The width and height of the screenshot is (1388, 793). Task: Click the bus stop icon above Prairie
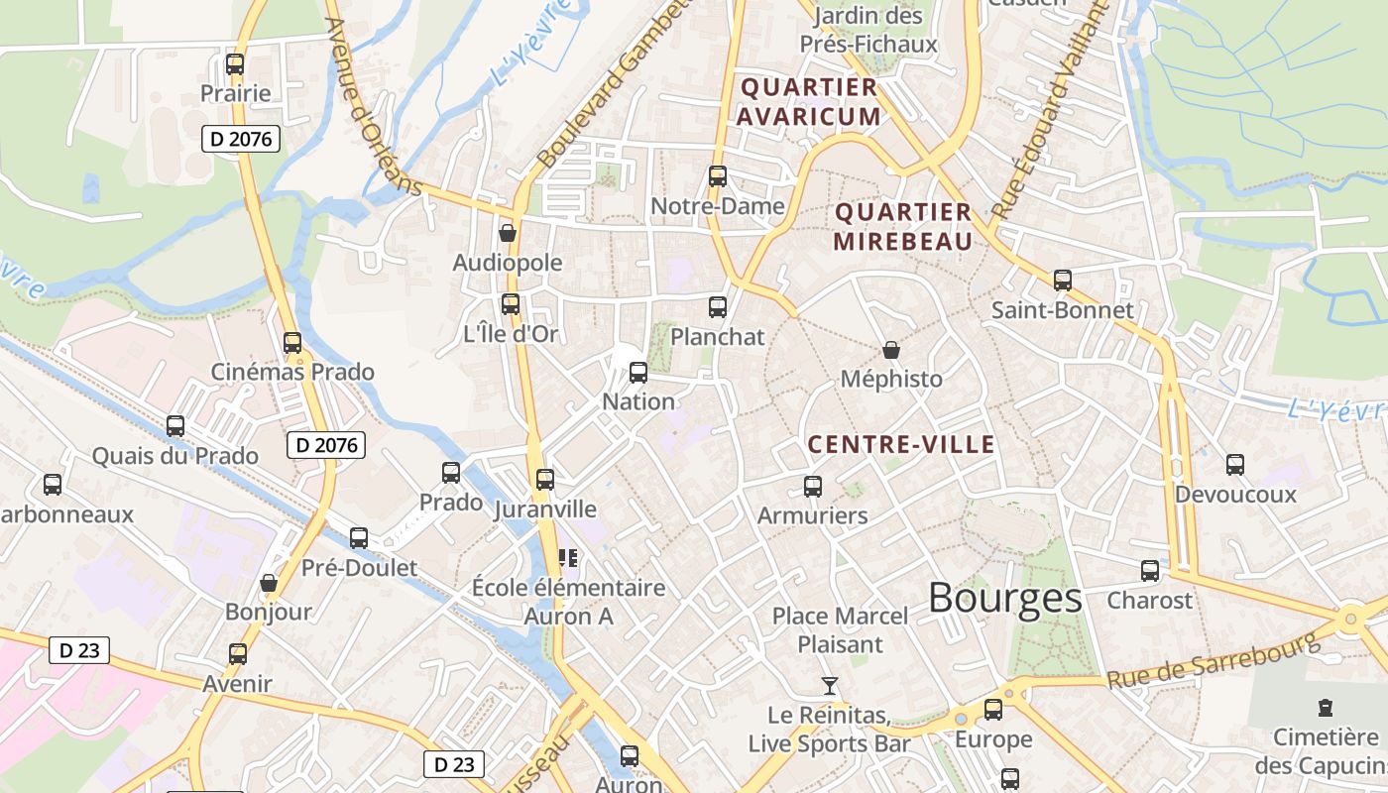235,64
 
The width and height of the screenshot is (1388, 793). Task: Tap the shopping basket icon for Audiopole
508,233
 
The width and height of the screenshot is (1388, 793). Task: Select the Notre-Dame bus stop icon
718,176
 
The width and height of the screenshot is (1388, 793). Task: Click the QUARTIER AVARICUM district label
810,102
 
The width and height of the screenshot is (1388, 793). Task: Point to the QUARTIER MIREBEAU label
902,227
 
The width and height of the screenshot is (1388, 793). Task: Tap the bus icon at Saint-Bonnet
1063,281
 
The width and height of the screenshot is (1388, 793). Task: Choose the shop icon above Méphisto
891,350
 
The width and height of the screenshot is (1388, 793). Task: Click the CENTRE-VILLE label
901,445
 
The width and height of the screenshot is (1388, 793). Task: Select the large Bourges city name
1005,598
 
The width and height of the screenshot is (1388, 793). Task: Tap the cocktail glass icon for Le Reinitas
829,685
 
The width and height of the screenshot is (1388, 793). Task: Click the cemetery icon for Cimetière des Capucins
1326,708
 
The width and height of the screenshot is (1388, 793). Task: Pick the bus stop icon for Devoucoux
1235,464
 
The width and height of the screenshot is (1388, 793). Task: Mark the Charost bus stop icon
1150,571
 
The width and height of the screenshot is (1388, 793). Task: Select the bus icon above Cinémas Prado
292,343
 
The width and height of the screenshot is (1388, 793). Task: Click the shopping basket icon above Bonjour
268,583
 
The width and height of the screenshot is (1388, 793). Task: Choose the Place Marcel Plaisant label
840,629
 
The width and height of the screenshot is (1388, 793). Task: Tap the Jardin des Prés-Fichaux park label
868,30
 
